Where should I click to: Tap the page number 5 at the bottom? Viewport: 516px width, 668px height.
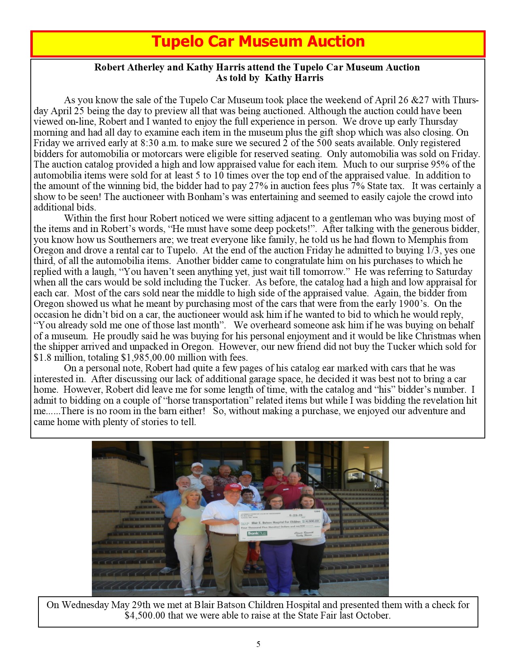pos(258,644)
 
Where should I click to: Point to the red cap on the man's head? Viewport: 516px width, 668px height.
pos(232,487)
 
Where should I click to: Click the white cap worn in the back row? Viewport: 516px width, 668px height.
pos(197,465)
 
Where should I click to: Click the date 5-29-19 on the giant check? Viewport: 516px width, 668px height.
pos(293,515)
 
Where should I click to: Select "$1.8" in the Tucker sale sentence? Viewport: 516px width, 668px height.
pos(42,358)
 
